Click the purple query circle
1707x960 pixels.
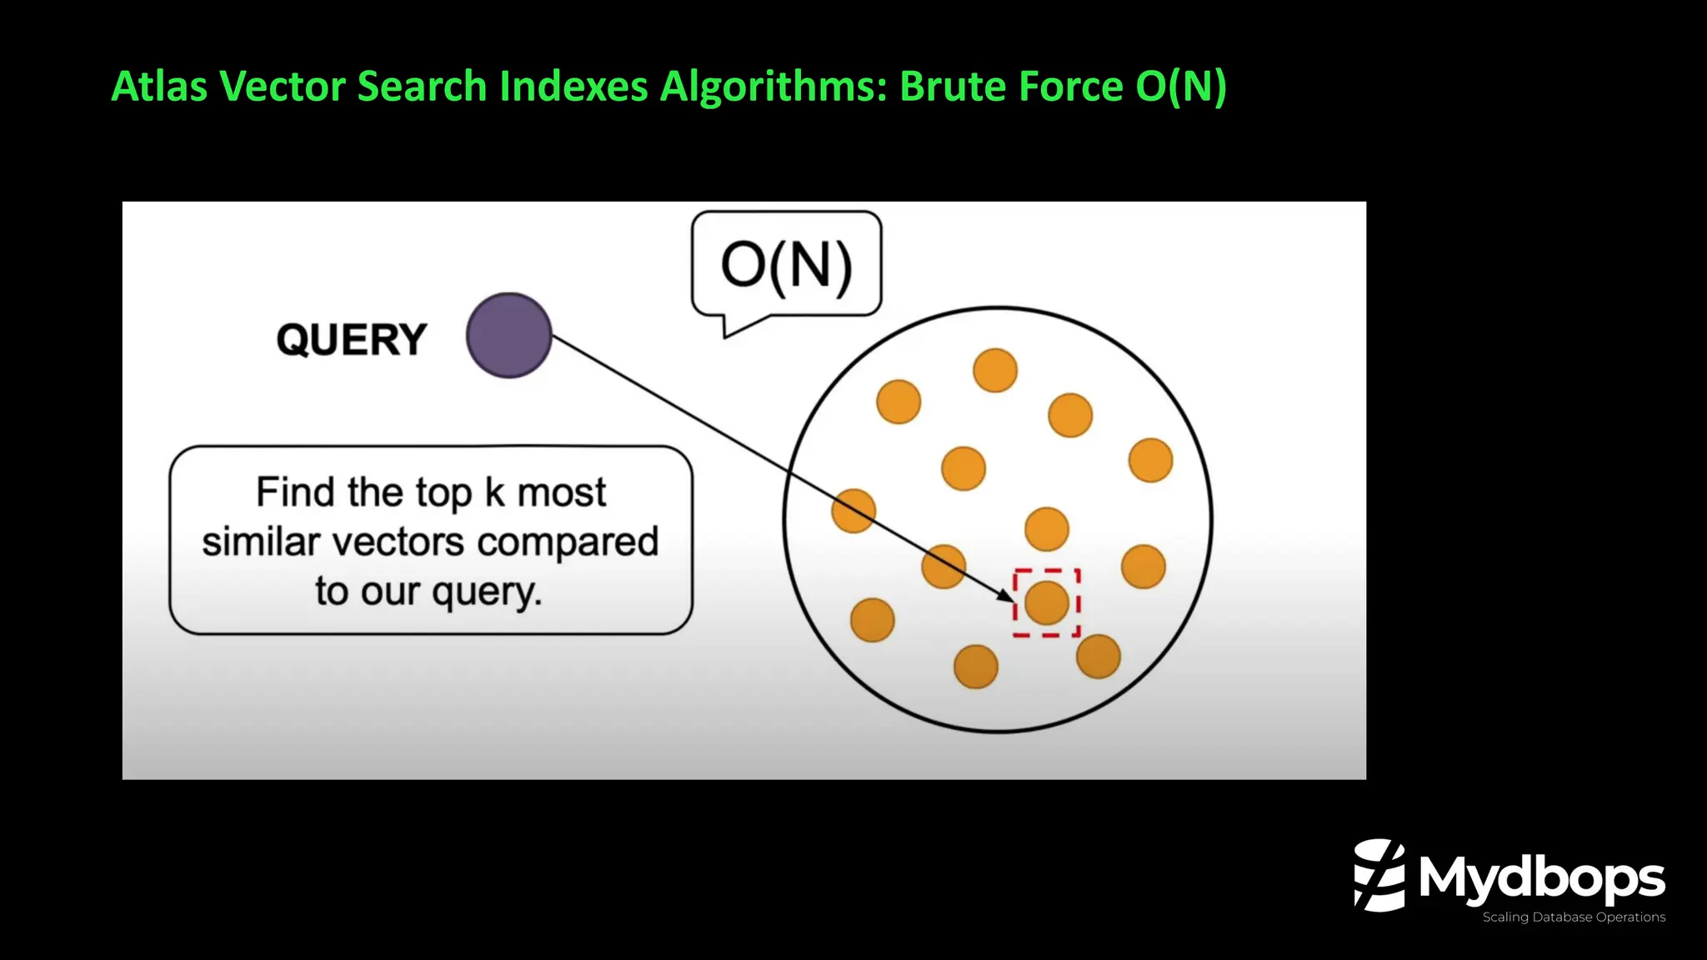508,335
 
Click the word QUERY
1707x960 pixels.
351,340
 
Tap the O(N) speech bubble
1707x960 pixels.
786,266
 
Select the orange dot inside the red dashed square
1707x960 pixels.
1047,603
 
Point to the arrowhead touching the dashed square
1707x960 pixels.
1007,596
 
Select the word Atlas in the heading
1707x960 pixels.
158,86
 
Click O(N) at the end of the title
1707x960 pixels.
1180,86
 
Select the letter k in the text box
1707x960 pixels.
494,492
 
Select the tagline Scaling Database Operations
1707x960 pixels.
1573,917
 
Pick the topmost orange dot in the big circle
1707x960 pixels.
995,370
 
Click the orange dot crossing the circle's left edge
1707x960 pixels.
853,511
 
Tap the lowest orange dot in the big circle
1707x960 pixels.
975,667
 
